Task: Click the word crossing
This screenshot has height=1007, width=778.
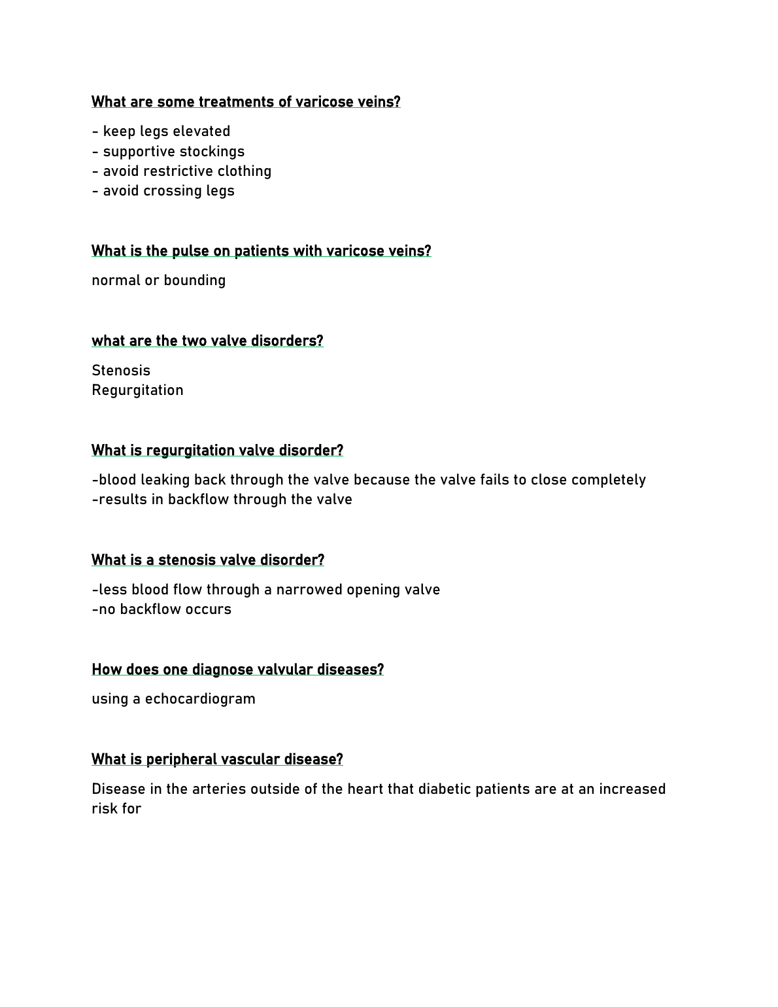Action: tap(168, 191)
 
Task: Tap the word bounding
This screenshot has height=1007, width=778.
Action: tap(195, 281)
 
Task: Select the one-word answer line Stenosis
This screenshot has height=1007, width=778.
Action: tap(121, 371)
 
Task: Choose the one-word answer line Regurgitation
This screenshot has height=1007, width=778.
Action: tap(137, 390)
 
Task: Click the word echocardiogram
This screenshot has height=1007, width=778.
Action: tap(200, 699)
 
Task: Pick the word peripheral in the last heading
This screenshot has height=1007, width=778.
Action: tap(181, 760)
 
